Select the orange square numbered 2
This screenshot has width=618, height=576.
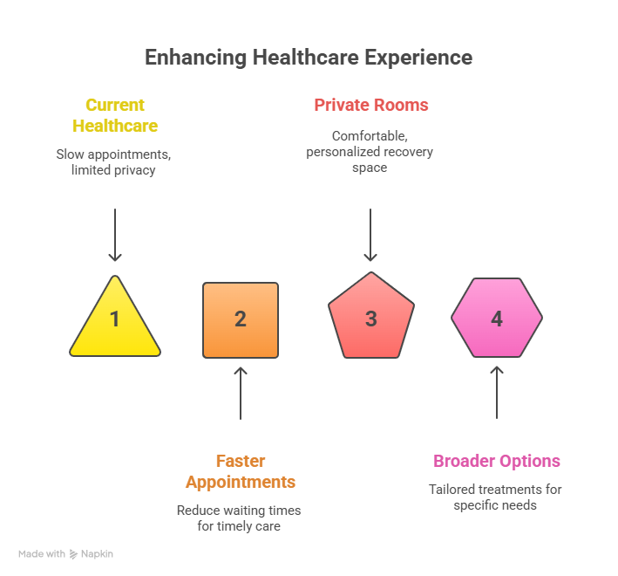[241, 319]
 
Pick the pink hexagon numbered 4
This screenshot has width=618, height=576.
[497, 318]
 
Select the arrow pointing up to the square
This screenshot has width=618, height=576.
[241, 393]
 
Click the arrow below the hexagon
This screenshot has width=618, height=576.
[497, 393]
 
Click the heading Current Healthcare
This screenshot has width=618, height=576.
[115, 115]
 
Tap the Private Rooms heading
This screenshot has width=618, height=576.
[371, 105]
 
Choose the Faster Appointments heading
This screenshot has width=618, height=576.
[240, 471]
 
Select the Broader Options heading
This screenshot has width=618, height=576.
[497, 461]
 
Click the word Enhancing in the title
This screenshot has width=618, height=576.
[195, 58]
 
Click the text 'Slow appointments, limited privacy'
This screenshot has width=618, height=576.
[113, 162]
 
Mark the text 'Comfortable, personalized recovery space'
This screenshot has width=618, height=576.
[370, 152]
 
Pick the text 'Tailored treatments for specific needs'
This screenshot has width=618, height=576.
[495, 497]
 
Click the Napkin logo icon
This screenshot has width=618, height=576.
[75, 554]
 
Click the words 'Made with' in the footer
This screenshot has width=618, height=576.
[42, 554]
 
